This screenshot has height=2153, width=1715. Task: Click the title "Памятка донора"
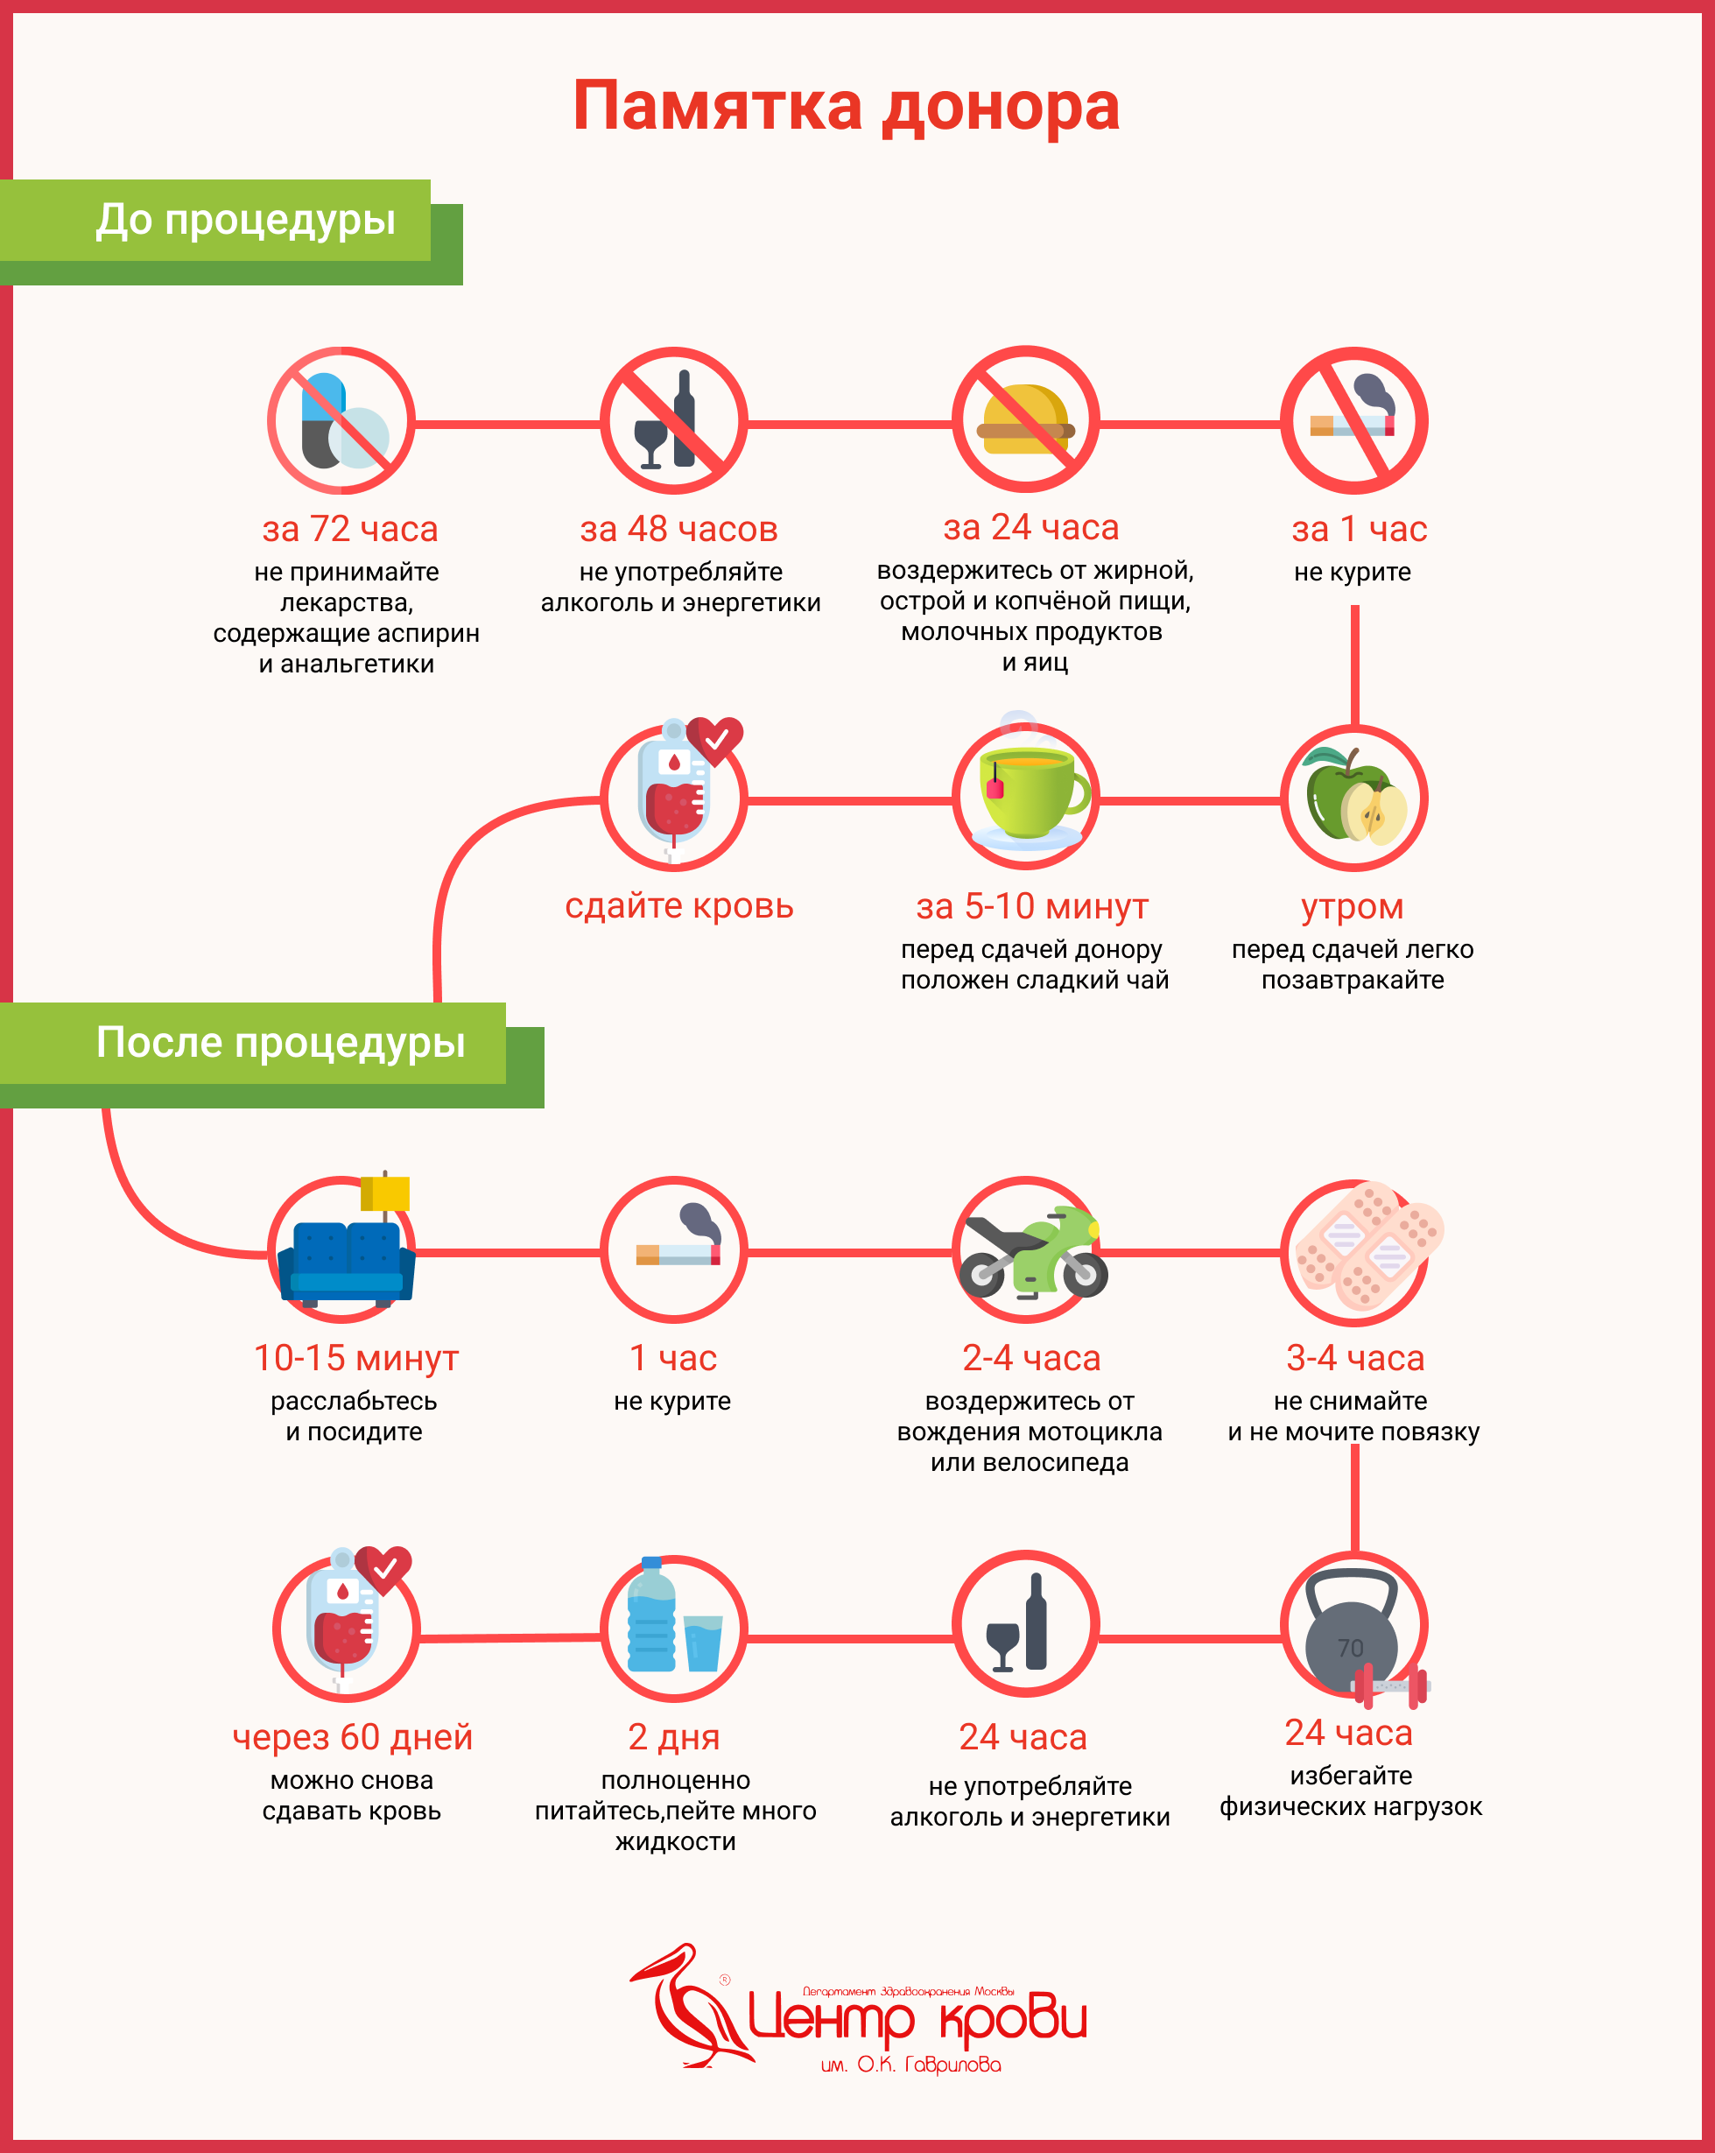click(847, 106)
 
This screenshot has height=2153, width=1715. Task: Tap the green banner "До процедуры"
click(244, 221)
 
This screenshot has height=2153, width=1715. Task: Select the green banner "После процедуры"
click(279, 1043)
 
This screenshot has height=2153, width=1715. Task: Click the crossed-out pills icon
click(341, 420)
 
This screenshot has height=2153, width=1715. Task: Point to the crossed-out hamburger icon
click(1025, 420)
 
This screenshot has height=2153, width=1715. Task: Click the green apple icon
click(1353, 798)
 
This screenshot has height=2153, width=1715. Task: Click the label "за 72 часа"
click(350, 529)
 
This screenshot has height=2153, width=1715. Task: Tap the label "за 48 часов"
click(678, 529)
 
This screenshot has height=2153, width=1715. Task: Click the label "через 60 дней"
click(353, 1738)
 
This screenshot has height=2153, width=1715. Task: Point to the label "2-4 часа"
click(1031, 1358)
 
